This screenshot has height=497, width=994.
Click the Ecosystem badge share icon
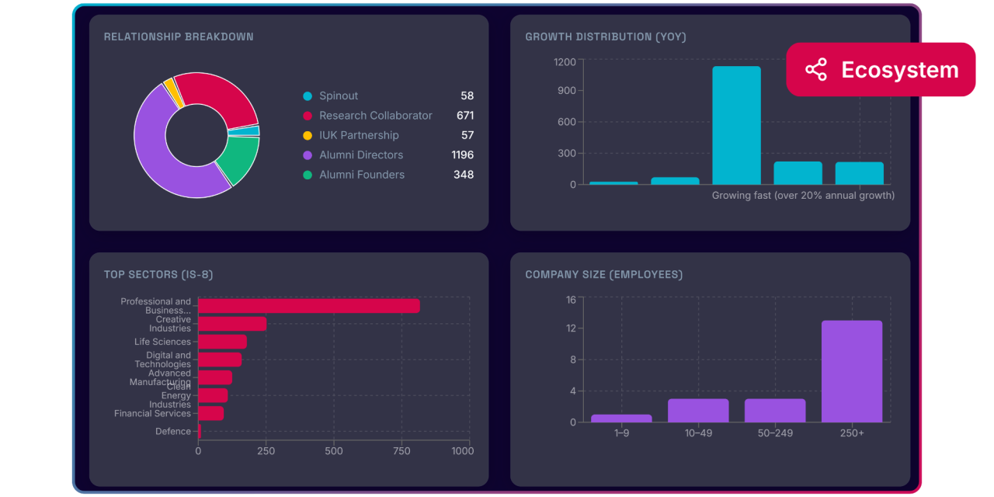pos(815,70)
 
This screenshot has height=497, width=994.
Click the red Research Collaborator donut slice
pos(221,97)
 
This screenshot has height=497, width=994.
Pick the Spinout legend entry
pos(339,96)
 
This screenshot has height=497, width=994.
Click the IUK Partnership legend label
pos(359,135)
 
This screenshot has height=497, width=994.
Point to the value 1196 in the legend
pos(462,155)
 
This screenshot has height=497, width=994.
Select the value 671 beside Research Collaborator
pos(465,115)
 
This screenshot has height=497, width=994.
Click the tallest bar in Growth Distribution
pos(736,125)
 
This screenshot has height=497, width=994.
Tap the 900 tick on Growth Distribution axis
pos(565,91)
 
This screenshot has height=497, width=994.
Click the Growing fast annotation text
pos(803,196)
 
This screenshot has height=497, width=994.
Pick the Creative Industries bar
pos(232,324)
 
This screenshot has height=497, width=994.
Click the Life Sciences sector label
pos(162,342)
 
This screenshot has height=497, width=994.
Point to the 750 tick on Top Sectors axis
pos(402,451)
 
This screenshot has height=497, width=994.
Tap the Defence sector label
pos(172,431)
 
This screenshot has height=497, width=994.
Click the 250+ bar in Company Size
pos(852,371)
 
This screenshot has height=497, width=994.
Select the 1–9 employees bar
pos(621,418)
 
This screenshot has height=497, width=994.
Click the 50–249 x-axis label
pos(775,433)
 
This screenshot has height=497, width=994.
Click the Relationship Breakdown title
pos(179,36)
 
